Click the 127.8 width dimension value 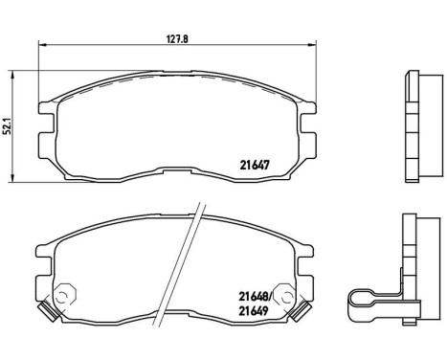click(174, 39)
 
